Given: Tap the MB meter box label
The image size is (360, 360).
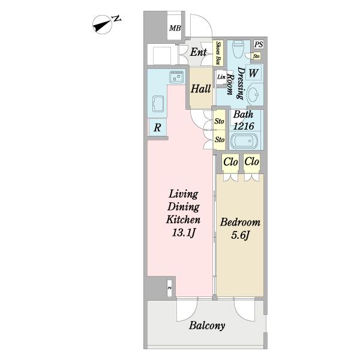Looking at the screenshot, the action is point(175,28).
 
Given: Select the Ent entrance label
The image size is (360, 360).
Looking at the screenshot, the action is point(199,52).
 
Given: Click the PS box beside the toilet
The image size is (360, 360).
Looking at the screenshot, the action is point(259,44).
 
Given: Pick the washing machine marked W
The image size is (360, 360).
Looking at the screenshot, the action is point(253,73).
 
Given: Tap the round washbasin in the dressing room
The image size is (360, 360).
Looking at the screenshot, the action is point(253,94).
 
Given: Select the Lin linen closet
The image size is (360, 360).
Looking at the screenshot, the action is point(221,77).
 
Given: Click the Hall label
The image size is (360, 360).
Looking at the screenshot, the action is point(200,89).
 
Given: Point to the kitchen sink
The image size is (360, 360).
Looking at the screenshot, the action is point(176,76).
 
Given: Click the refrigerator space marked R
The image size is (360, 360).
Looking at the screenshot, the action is point(157,127).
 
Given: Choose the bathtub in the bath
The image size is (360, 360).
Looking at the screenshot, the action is point(245,140).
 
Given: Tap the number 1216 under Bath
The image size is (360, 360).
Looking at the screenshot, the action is point(244,126).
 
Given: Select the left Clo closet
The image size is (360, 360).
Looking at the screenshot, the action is point(230,163).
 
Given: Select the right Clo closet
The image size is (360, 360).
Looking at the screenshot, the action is point(251,163).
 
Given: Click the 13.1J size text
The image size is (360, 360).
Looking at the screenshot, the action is point(183,233).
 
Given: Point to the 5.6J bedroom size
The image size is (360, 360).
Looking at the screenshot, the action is point(240,235).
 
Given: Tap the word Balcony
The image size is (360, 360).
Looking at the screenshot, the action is point(207,326).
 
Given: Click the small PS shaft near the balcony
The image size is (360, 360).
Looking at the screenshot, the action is point(169,288).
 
